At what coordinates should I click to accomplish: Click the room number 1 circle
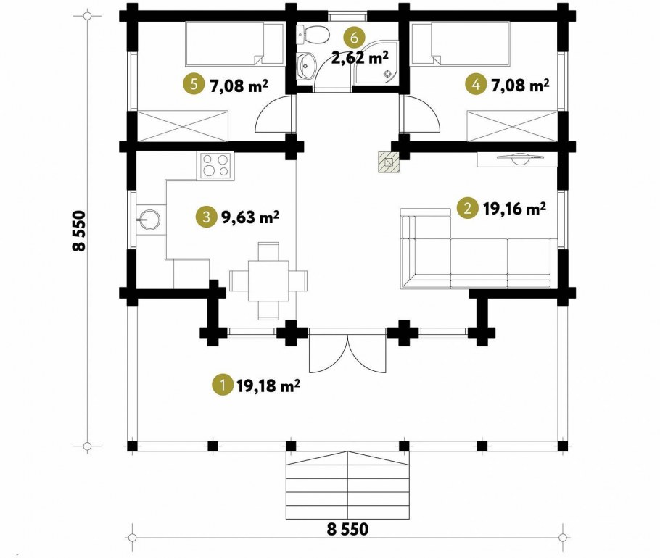click(x=223, y=386)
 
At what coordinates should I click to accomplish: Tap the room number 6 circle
click(x=354, y=38)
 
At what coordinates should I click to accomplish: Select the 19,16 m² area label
click(x=514, y=208)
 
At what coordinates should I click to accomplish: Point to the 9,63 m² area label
click(x=249, y=217)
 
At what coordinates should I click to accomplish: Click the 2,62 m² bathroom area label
click(x=360, y=57)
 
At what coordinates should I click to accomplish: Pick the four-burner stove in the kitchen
click(x=216, y=165)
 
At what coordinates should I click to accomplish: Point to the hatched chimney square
click(x=388, y=162)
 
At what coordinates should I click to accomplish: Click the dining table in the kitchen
click(x=268, y=281)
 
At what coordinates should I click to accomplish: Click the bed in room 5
click(x=234, y=43)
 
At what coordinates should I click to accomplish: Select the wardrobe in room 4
click(x=512, y=126)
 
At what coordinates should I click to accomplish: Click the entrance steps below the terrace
click(x=347, y=486)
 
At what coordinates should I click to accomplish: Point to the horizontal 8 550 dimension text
click(x=347, y=528)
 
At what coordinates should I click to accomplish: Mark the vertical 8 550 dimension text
click(x=79, y=231)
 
